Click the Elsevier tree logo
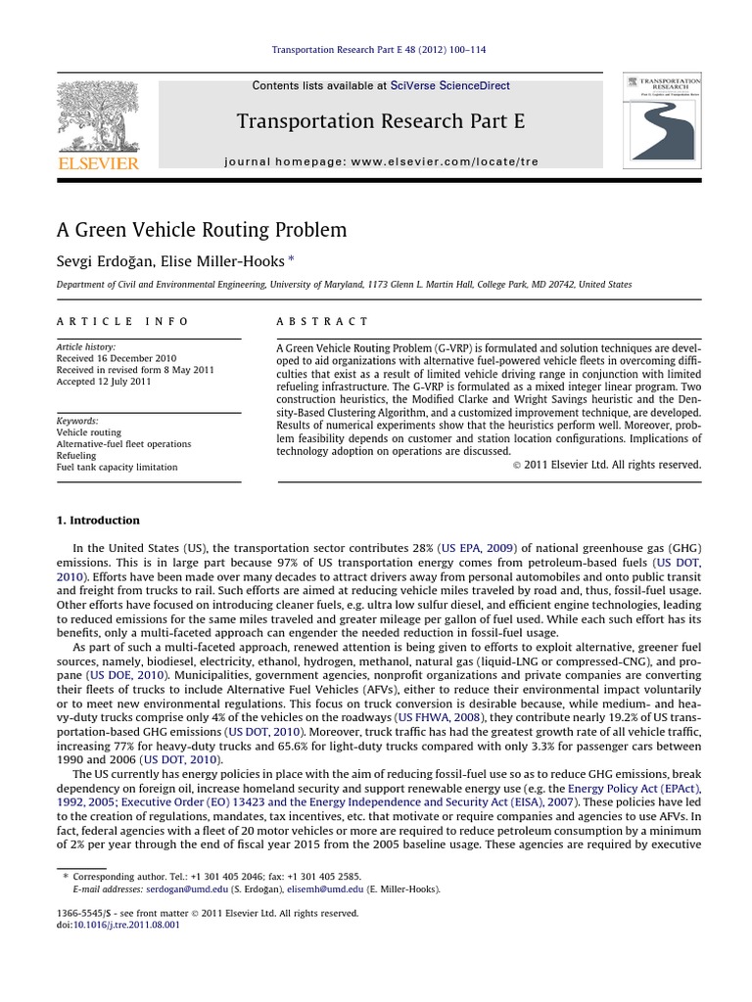(x=97, y=114)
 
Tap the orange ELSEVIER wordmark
(x=97, y=163)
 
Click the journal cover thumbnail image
(x=662, y=120)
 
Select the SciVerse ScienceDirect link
(x=449, y=86)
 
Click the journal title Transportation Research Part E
(x=381, y=121)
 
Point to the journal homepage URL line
(x=381, y=160)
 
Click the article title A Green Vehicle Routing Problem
(x=202, y=230)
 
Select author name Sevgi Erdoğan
(x=104, y=261)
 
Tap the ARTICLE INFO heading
(x=122, y=321)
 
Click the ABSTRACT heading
(x=322, y=321)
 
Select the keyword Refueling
(x=76, y=455)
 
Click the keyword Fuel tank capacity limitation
(x=117, y=467)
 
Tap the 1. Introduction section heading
(x=98, y=520)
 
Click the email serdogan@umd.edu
(x=186, y=889)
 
